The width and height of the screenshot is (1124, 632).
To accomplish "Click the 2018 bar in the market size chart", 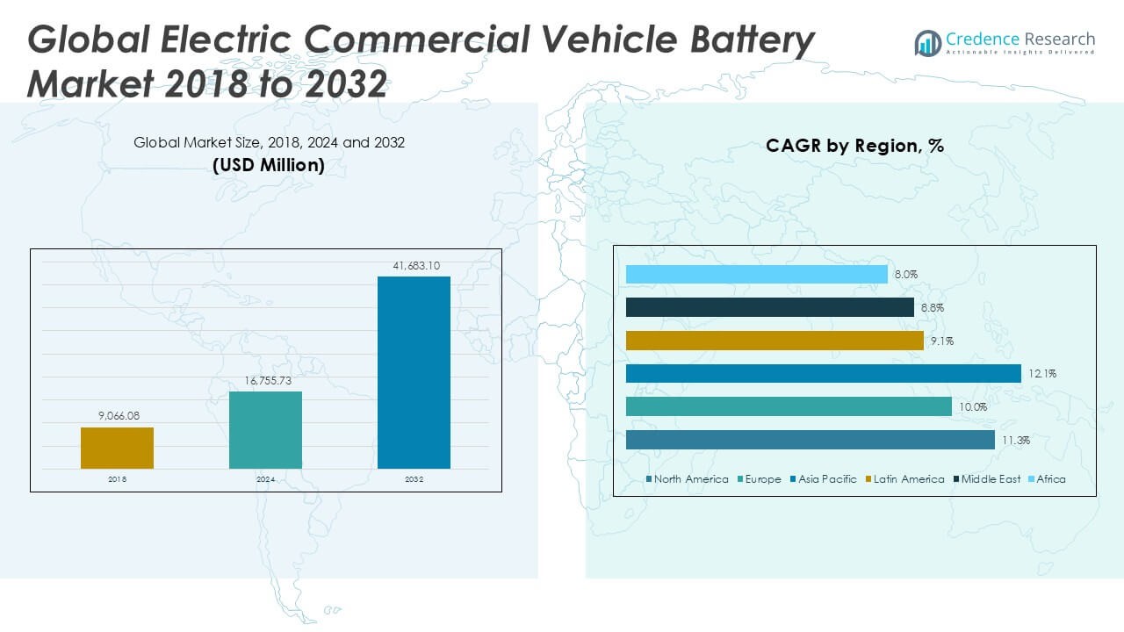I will pyautogui.click(x=117, y=448).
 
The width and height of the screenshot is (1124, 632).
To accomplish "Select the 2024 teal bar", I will pyautogui.click(x=265, y=430).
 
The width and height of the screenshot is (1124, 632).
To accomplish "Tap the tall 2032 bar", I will pyautogui.click(x=414, y=373).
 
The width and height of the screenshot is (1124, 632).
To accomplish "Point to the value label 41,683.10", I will pyautogui.click(x=414, y=265).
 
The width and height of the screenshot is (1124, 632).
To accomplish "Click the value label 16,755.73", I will pyautogui.click(x=265, y=379).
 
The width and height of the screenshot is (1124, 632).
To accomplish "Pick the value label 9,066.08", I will pyautogui.click(x=117, y=415).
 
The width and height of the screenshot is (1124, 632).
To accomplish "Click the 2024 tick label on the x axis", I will pyautogui.click(x=265, y=479).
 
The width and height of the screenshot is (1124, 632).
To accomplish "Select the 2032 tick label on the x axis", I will pyautogui.click(x=414, y=479).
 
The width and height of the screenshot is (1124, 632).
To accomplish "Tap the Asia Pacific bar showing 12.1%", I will pyautogui.click(x=824, y=374).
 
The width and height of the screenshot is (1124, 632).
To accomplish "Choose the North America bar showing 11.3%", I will pyautogui.click(x=811, y=440).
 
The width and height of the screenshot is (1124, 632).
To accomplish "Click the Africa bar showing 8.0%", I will pyautogui.click(x=757, y=275).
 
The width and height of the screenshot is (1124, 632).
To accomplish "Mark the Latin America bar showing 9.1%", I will pyautogui.click(x=775, y=341).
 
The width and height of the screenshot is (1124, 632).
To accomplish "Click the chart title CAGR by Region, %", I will pyautogui.click(x=854, y=146).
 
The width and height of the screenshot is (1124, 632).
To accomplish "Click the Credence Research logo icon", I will pyautogui.click(x=927, y=43).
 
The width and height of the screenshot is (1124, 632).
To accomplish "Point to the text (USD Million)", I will pyautogui.click(x=269, y=165).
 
